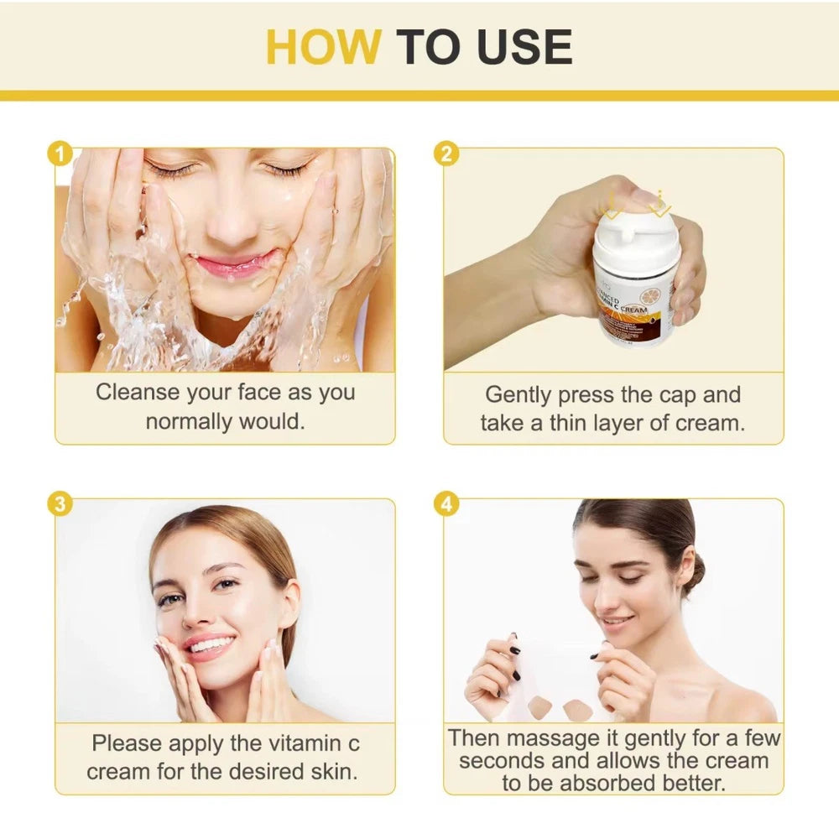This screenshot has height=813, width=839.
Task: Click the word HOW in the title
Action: [324, 47]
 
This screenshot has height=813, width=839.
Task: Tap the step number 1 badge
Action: [58, 154]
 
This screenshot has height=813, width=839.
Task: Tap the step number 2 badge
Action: [446, 154]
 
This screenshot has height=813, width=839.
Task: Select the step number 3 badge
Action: [58, 504]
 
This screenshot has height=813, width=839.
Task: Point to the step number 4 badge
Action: [446, 504]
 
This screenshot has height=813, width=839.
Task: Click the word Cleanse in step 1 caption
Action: [138, 393]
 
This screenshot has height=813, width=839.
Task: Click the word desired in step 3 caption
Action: [258, 771]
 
